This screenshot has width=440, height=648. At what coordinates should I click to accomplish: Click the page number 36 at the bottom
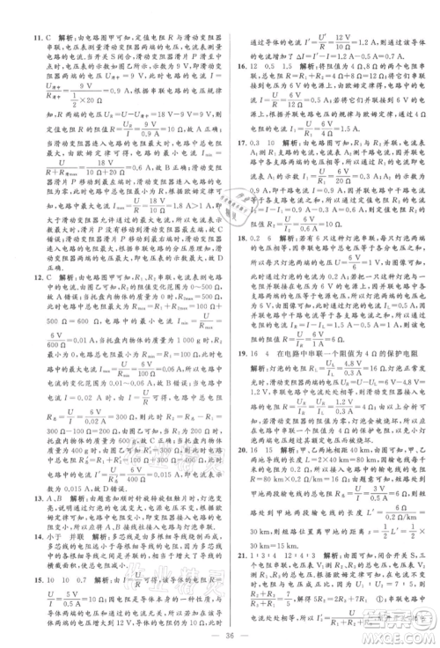pyautogui.click(x=219, y=626)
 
